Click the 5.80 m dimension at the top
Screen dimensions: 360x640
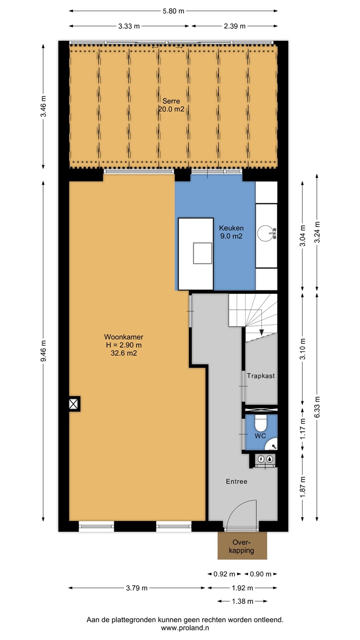[x=173, y=11]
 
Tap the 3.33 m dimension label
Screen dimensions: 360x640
[x=129, y=26]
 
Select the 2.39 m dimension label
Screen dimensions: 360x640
[x=235, y=26]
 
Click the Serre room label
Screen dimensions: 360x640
[x=171, y=101]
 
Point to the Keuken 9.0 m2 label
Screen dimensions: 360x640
[x=231, y=232]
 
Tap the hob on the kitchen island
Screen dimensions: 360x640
[x=203, y=253]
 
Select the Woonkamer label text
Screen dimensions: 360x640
[x=124, y=337]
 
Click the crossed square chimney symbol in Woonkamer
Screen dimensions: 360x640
[x=73, y=404]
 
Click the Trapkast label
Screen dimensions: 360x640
[x=261, y=376]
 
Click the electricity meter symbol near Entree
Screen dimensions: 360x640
[x=261, y=459]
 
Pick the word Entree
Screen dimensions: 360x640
[x=236, y=481]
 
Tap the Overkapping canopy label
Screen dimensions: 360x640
[x=241, y=546]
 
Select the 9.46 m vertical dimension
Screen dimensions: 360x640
[x=43, y=351]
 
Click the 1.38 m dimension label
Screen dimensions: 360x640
[x=243, y=601]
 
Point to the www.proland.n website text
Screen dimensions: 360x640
[x=185, y=628]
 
